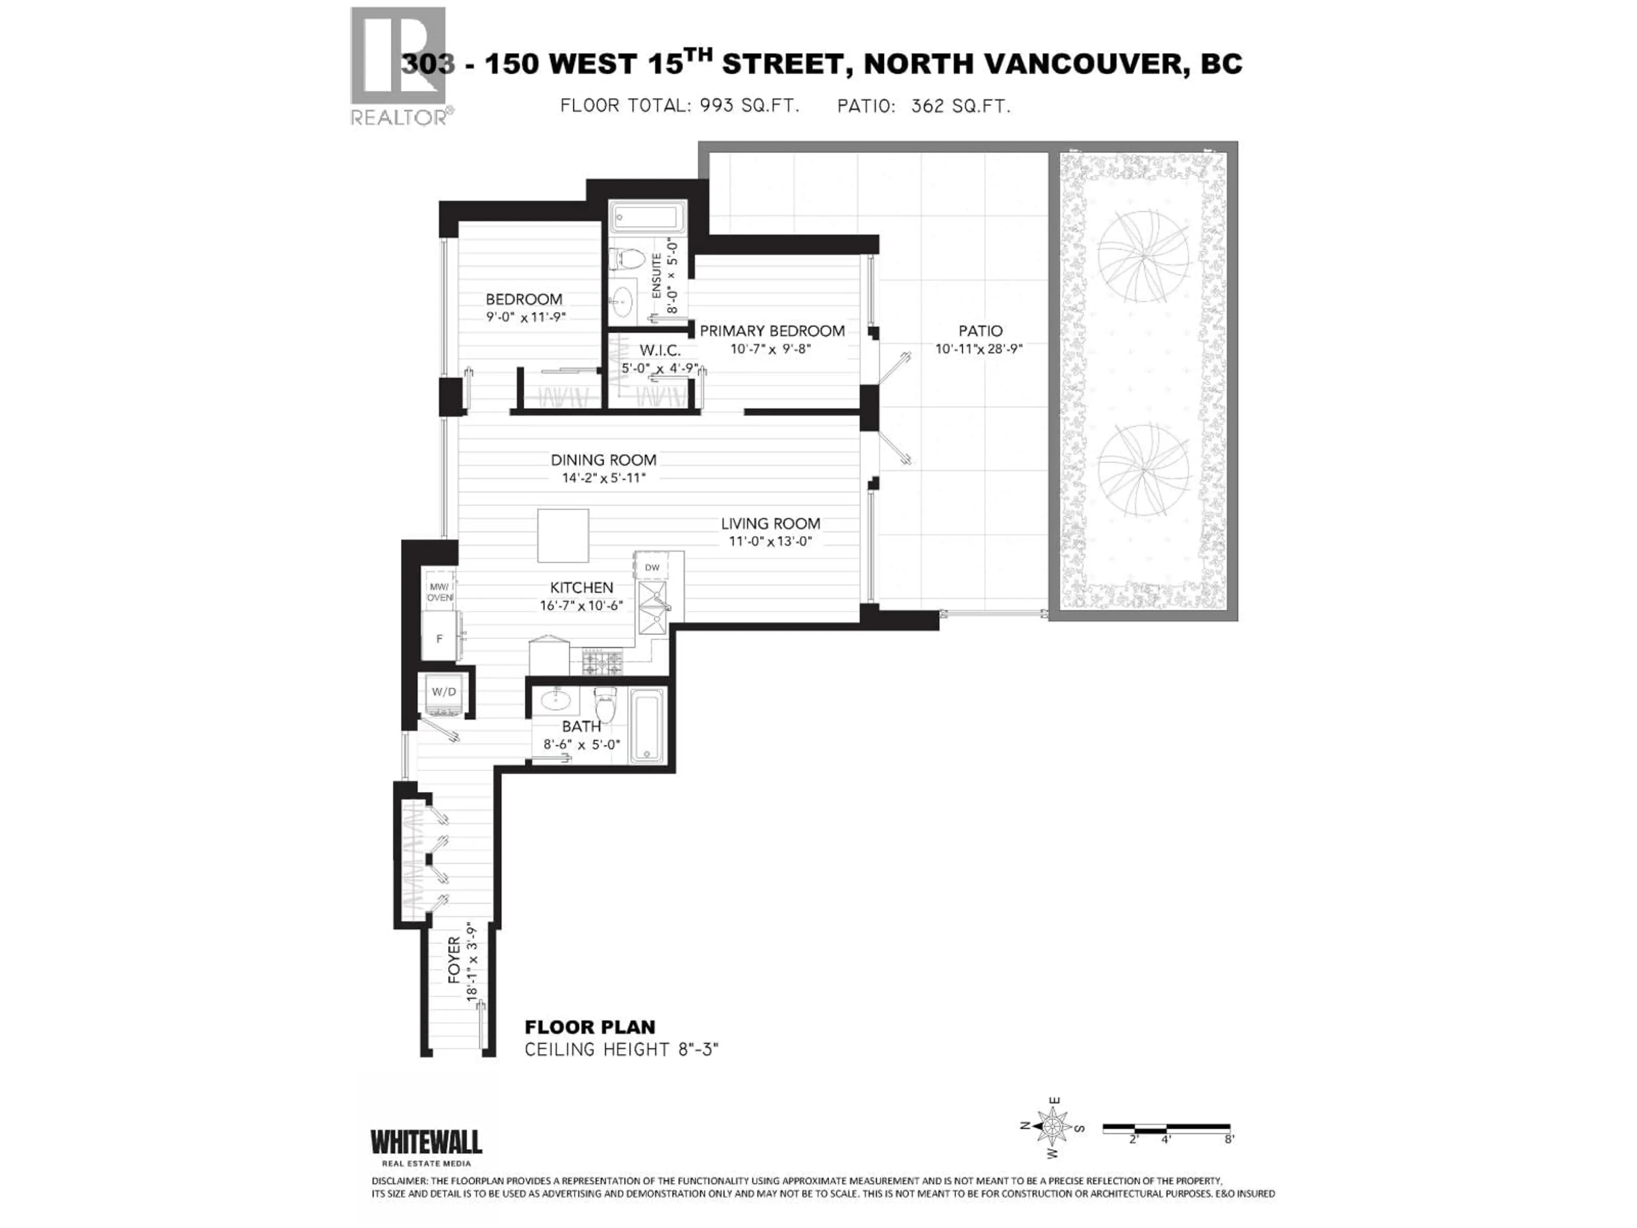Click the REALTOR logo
click(399, 67)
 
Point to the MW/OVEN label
click(440, 592)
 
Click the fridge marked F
click(440, 638)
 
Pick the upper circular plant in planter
click(1143, 256)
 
